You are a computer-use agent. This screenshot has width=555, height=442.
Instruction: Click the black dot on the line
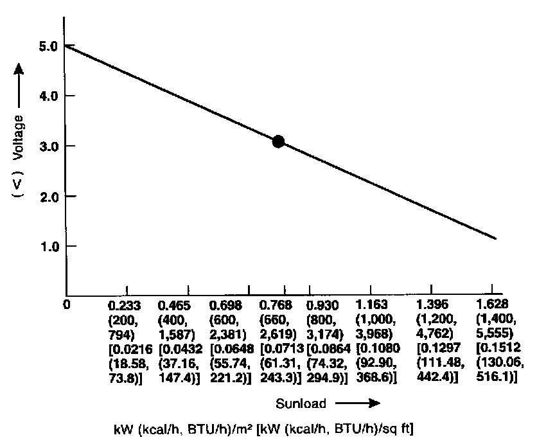pos(278,141)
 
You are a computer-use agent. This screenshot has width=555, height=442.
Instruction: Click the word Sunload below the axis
pos(301,403)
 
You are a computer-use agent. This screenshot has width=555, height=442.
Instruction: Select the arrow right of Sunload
pos(357,403)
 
